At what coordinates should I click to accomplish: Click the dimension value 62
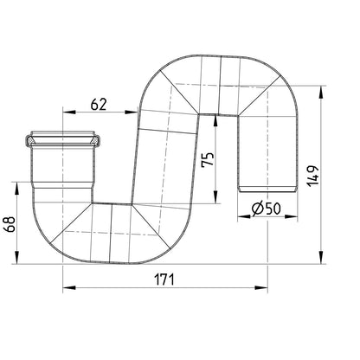tap(99, 105)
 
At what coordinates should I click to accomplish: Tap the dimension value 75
tap(209, 159)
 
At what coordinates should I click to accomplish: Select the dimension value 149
tap(312, 176)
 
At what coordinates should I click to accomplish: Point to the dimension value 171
tap(164, 280)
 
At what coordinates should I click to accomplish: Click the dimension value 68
tap(10, 224)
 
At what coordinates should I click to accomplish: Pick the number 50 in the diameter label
tap(273, 209)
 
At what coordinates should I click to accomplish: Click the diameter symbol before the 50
tap(257, 209)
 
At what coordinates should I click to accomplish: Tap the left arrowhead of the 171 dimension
tap(69, 287)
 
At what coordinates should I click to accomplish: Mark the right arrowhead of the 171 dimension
tap(261, 287)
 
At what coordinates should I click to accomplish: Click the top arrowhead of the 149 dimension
tap(321, 93)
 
